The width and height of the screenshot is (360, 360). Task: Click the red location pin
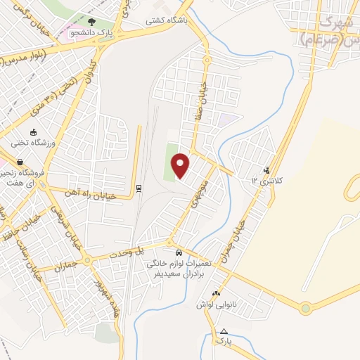point(181,165)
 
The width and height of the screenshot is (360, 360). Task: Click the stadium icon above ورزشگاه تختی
point(33,132)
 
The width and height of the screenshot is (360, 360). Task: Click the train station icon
point(139,188)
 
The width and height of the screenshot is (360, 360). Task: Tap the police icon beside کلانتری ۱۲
point(266,169)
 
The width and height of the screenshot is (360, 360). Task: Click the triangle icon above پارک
point(224,330)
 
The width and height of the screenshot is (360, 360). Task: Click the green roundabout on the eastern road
point(306,307)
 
